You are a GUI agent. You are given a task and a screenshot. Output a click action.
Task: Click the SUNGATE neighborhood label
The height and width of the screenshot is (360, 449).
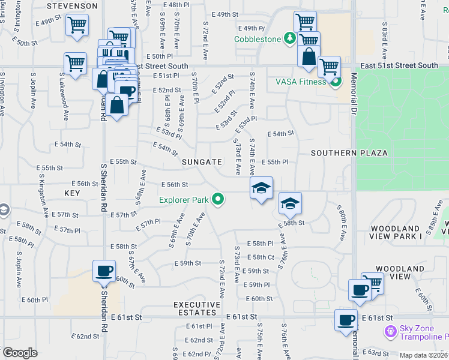click(x=202, y=162)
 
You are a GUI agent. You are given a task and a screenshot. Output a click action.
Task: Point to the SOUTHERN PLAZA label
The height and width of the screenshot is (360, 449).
click(x=349, y=153)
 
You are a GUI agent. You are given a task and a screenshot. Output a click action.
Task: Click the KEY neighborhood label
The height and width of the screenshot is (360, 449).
click(x=72, y=193)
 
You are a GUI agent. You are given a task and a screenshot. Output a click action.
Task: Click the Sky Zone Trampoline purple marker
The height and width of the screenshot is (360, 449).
click(x=390, y=330)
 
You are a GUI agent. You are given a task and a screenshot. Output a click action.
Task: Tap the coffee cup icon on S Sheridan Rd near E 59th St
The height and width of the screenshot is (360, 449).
click(x=104, y=271)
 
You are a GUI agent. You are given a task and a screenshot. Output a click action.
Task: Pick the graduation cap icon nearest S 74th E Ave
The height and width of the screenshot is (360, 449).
click(x=261, y=188)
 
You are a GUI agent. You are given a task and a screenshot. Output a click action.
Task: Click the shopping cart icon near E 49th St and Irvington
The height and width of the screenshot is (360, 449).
click(x=77, y=25)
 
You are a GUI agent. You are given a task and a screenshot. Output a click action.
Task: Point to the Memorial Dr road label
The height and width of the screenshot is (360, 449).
click(x=355, y=90)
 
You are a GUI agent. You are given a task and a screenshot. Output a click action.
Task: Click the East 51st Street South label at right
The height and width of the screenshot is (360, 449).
click(x=399, y=65)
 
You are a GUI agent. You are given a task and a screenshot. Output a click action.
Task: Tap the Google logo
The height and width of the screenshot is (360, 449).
click(x=20, y=353)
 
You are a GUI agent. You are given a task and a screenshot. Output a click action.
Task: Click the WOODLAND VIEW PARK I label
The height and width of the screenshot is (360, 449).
click(x=396, y=233)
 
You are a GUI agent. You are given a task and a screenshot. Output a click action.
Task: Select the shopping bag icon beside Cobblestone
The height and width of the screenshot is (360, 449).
click(x=309, y=57)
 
